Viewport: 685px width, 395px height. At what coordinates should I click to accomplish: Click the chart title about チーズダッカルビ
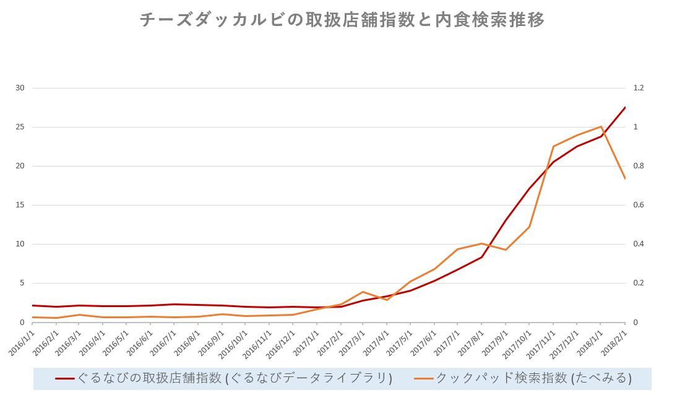coord(342,20)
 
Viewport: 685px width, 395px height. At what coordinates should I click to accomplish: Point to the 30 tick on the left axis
coord(20,88)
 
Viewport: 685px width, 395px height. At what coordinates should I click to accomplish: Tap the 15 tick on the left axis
coord(20,205)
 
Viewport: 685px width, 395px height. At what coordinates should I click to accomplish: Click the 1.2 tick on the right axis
coord(638,88)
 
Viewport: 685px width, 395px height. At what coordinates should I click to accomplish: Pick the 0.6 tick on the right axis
coord(638,205)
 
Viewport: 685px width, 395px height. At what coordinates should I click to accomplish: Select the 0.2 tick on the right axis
coord(638,283)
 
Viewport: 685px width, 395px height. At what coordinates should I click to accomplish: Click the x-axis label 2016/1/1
coord(22,342)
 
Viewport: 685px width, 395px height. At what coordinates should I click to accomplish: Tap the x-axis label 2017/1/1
coord(306,342)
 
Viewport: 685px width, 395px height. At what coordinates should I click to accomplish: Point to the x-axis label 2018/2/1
coord(613,342)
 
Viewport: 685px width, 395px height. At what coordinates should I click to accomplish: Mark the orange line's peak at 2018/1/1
coord(601,127)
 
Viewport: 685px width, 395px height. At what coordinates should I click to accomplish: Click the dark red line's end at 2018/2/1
coord(624,108)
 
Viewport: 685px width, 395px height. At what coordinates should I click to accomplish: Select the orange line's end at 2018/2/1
coord(624,178)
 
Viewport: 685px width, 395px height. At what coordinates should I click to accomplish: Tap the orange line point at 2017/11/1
coord(553,147)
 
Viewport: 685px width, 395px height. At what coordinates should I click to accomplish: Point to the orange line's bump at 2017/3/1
coord(363,292)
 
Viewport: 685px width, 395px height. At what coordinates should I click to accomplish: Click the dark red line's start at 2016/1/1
coord(32,305)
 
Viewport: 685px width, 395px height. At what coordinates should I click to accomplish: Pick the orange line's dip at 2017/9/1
coord(506,250)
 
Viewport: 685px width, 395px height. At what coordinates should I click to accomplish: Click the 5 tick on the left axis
coord(22,283)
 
